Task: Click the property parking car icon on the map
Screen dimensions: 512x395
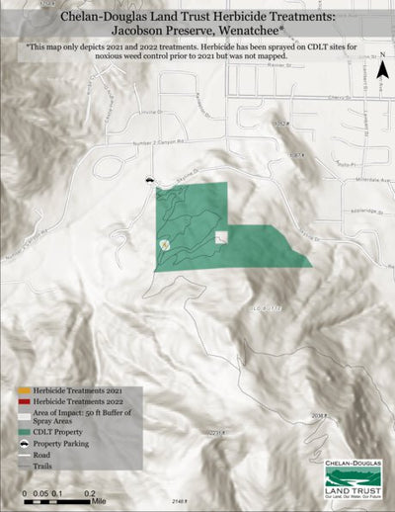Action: click(148, 182)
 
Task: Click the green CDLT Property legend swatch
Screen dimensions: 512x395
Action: click(26, 432)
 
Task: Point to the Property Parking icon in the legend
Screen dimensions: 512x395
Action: click(26, 446)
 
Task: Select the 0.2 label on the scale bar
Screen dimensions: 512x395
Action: click(90, 492)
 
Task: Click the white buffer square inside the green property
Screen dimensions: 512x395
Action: click(221, 237)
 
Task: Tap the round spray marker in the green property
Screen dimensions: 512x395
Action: click(164, 243)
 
